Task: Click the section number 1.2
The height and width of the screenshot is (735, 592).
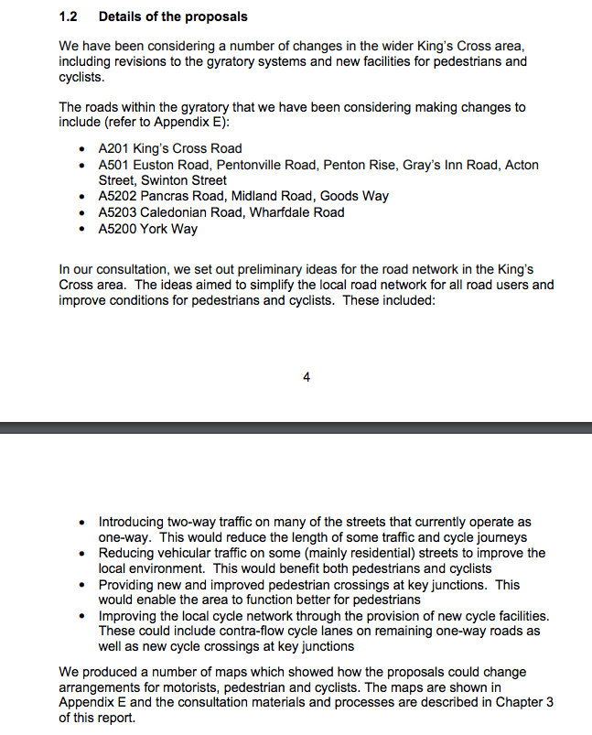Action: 68,16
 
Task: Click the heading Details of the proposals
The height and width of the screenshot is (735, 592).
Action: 173,16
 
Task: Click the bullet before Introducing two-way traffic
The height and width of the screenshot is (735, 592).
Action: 85,522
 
